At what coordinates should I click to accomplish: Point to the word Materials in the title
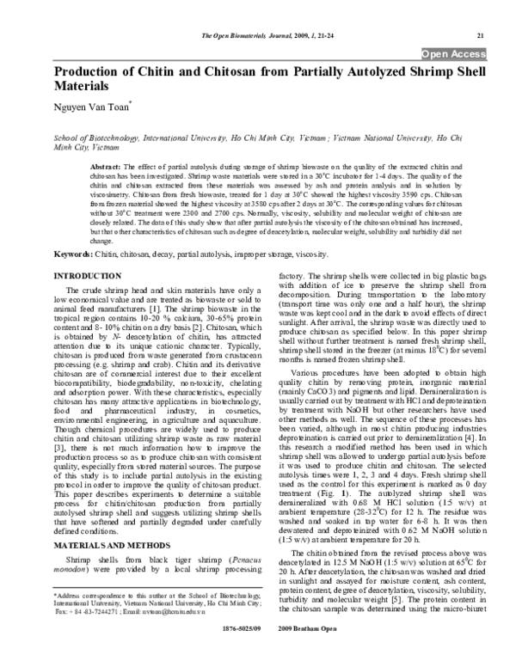point(83,88)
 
